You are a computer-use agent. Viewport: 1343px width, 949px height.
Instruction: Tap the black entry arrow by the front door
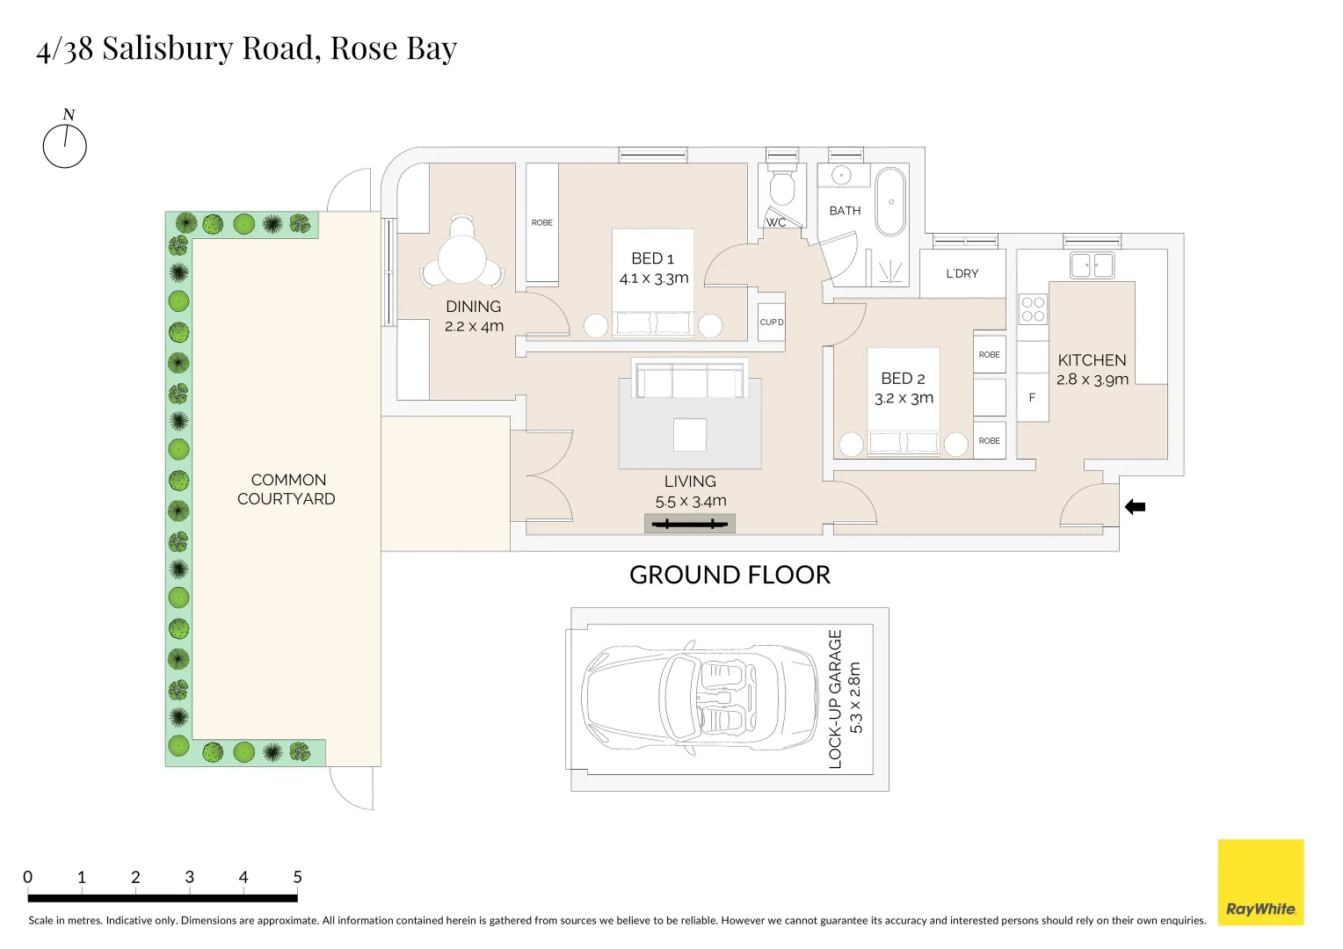tap(1135, 507)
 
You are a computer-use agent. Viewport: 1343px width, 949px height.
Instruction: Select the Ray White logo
tap(1260, 882)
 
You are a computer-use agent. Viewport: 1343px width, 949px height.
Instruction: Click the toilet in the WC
tap(781, 187)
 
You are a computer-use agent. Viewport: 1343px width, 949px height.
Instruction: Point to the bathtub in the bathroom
tap(890, 201)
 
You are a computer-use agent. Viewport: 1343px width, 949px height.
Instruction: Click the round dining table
tap(462, 259)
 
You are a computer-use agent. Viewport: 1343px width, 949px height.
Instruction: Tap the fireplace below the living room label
tap(690, 525)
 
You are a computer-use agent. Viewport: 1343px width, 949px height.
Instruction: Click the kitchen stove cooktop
tap(1033, 309)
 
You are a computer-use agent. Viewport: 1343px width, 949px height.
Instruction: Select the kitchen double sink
tap(1092, 264)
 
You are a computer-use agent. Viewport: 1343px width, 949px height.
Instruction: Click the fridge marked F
tap(1032, 397)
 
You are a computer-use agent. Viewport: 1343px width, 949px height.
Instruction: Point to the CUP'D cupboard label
tap(772, 322)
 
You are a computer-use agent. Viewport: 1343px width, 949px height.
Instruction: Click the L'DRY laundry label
tap(962, 273)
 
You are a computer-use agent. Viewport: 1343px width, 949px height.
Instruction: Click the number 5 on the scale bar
tap(297, 877)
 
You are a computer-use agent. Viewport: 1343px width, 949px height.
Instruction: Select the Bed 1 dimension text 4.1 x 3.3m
tap(653, 279)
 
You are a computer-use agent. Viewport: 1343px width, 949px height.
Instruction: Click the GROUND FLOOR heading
tap(730, 575)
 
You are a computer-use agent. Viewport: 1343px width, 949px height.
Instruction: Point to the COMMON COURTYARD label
tap(287, 489)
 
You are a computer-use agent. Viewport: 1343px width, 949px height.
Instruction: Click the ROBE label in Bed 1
tap(542, 222)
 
